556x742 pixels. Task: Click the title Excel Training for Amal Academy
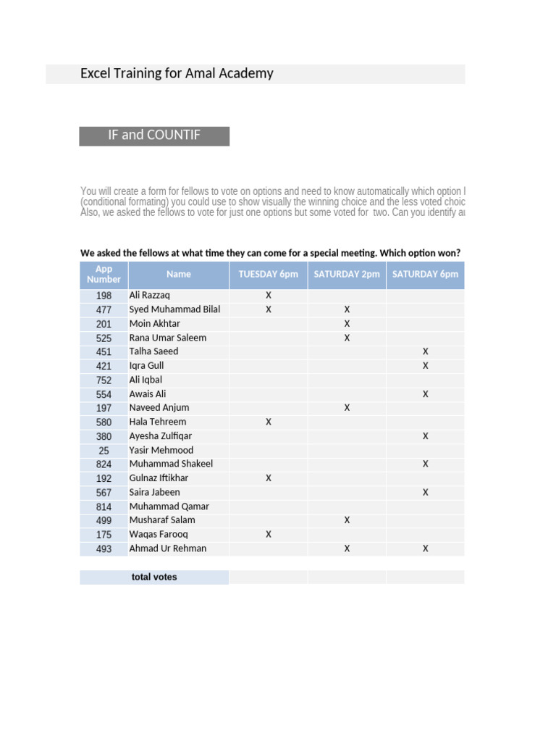pos(177,73)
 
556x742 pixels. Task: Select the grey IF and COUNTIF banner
pos(154,136)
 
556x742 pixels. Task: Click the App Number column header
pos(104,274)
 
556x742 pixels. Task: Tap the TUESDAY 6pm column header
pos(269,274)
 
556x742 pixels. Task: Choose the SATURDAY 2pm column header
pos(347,274)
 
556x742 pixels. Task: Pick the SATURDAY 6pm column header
pos(425,274)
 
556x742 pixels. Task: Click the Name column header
pos(179,274)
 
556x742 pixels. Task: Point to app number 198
pos(104,296)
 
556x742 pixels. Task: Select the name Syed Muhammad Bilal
pos(174,309)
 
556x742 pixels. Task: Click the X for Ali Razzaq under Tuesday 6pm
pos(269,295)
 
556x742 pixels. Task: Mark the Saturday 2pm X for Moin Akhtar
pos(347,323)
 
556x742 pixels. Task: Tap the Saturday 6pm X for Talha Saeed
pos(426,351)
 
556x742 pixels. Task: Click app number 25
pos(104,450)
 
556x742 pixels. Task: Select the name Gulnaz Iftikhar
pos(159,478)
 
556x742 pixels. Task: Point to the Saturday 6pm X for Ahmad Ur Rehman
pos(426,549)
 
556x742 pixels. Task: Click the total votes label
pos(154,577)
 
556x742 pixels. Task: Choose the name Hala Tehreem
pos(158,422)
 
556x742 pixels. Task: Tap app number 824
pos(104,464)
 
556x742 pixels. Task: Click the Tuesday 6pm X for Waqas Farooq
pos(269,534)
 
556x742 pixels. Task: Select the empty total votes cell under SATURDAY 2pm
pos(347,577)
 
